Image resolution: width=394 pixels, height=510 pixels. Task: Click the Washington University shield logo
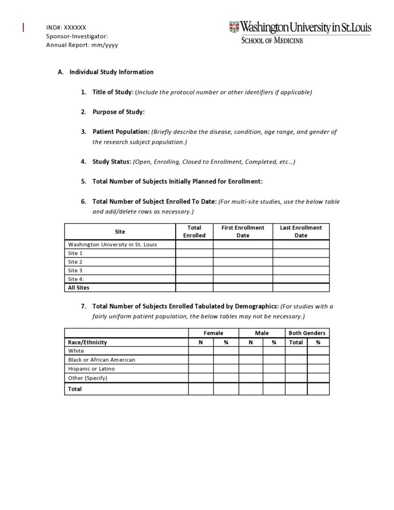(234, 27)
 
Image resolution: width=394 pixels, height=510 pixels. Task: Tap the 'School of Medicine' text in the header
(272, 40)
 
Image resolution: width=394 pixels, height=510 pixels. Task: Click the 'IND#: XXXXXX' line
(66, 27)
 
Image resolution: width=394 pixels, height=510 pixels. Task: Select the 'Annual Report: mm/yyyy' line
(82, 45)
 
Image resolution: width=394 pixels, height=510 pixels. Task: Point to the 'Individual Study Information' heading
(111, 72)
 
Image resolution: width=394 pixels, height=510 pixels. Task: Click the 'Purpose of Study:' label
(118, 112)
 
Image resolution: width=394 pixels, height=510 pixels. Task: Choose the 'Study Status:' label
(112, 162)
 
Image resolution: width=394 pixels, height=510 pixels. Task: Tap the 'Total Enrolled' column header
(194, 232)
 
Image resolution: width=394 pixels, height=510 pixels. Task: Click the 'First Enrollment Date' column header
(243, 232)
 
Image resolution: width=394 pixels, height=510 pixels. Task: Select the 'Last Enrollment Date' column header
(301, 232)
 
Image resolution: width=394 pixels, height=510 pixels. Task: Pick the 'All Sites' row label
(79, 287)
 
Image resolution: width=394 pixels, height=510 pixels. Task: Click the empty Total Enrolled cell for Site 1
(194, 253)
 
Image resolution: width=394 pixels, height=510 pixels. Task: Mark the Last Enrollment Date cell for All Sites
(301, 287)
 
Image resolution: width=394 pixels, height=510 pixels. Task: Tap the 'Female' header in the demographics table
(213, 333)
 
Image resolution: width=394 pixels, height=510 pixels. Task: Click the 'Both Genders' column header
(307, 333)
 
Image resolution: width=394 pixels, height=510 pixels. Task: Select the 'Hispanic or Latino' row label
(91, 369)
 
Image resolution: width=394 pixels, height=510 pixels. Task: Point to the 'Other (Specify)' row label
(88, 378)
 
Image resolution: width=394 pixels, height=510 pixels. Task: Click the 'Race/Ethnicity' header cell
(87, 342)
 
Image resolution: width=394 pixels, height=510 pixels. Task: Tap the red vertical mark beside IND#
(23, 27)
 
